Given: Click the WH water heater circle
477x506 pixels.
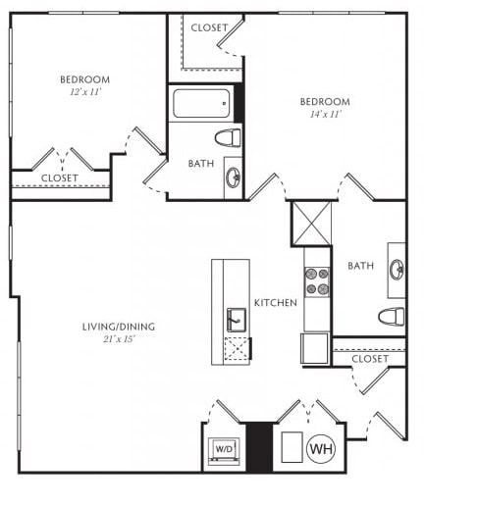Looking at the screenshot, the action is (322, 448).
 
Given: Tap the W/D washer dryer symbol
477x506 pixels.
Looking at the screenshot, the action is (224, 451).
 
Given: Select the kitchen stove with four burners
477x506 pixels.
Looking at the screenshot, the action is (317, 281).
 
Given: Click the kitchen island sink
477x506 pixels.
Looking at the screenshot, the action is (237, 320).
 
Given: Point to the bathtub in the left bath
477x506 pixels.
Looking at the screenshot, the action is (201, 103).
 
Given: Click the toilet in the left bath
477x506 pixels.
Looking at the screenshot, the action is (228, 138).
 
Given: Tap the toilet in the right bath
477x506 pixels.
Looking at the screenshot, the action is (392, 317).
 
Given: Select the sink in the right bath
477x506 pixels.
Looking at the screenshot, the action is (397, 270).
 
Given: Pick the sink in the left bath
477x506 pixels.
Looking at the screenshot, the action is (234, 177).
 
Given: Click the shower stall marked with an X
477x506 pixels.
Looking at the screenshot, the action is (311, 224).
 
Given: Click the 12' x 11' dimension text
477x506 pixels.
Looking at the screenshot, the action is (85, 92).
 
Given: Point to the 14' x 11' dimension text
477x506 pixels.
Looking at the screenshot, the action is (325, 114).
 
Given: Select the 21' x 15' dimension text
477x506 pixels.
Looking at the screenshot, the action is (119, 339).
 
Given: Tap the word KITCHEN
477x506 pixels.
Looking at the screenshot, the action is (276, 303).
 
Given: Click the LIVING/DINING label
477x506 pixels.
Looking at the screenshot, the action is (119, 327).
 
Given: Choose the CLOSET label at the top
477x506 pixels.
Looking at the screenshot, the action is (209, 27).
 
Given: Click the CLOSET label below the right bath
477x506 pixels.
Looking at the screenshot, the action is (370, 359).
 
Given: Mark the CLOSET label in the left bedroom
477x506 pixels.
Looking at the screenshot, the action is (60, 178).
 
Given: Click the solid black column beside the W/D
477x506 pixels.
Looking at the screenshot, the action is (259, 447).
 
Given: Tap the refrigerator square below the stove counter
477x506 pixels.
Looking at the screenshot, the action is (314, 348).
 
